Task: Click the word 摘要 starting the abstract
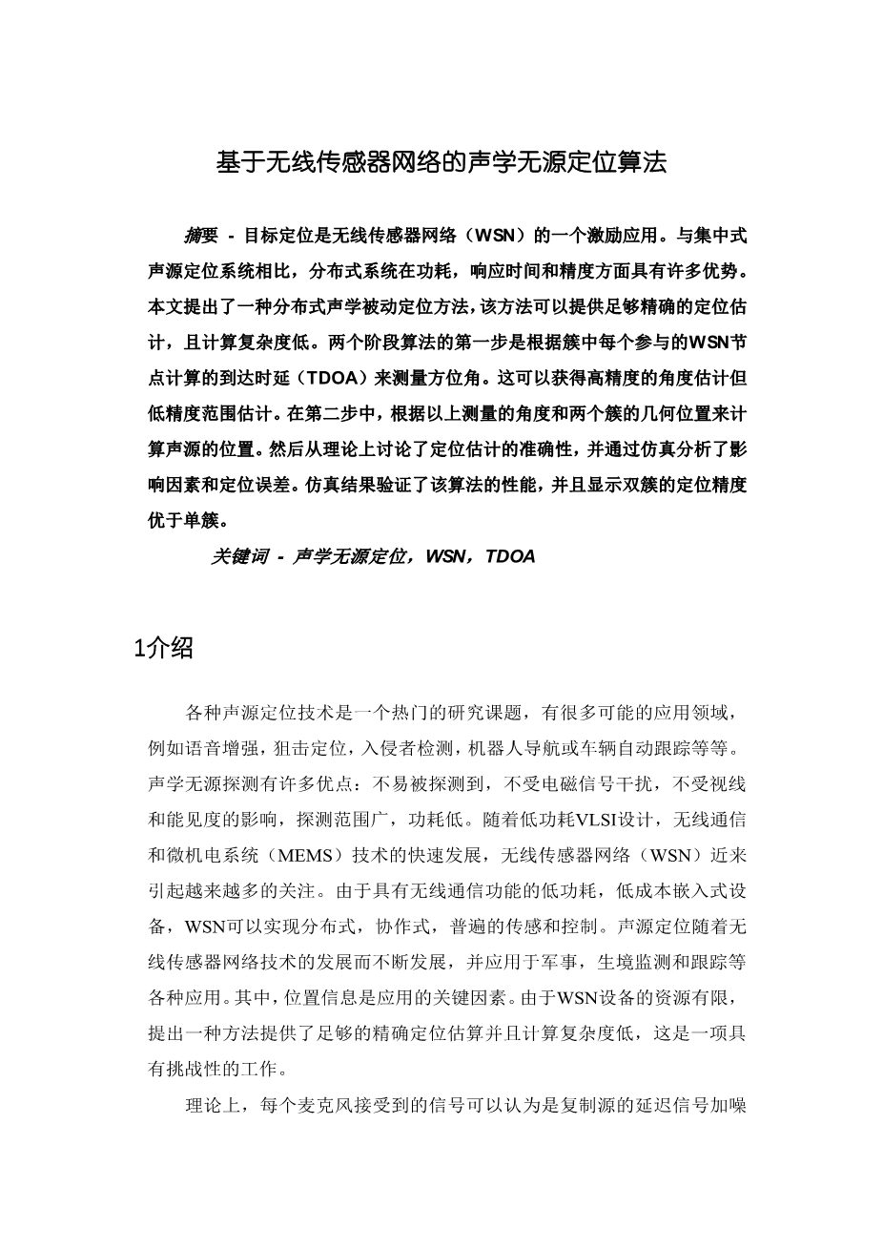point(201,235)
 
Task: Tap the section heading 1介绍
point(164,649)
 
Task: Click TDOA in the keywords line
point(510,557)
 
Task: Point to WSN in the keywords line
point(445,557)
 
